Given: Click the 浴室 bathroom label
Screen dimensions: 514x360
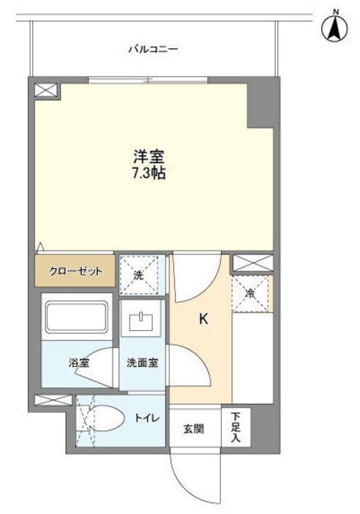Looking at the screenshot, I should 77,363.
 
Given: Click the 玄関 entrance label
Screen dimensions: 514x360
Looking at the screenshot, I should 193,428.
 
